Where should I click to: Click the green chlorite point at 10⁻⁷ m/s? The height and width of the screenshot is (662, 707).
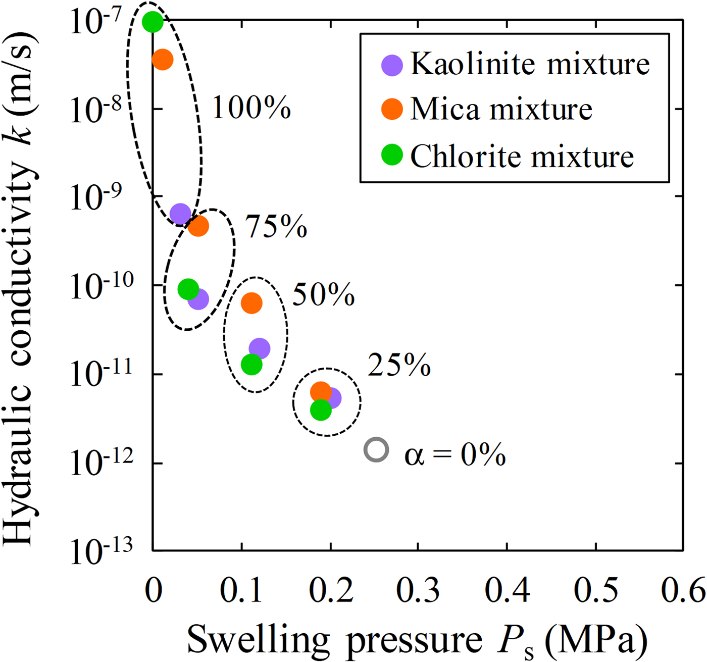pyautogui.click(x=153, y=22)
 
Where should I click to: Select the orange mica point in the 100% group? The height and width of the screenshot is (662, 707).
pyautogui.click(x=163, y=60)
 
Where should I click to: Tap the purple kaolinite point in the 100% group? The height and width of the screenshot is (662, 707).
pyautogui.click(x=180, y=215)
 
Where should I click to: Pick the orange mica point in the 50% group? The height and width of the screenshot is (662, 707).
pyautogui.click(x=251, y=303)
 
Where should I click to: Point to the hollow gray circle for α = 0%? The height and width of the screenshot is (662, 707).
pyautogui.click(x=376, y=449)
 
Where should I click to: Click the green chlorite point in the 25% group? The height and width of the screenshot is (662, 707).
pyautogui.click(x=321, y=410)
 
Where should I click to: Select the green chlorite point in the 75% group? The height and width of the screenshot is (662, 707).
pyautogui.click(x=188, y=289)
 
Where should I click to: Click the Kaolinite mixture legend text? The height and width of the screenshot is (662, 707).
pyautogui.click(x=530, y=65)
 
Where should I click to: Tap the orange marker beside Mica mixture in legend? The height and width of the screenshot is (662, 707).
pyautogui.click(x=392, y=109)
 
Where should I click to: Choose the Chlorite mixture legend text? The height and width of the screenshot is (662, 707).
pyautogui.click(x=522, y=156)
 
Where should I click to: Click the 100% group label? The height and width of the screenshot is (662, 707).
pyautogui.click(x=251, y=108)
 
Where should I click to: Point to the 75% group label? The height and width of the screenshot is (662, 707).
pyautogui.click(x=276, y=226)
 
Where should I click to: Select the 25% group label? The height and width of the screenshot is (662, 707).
pyautogui.click(x=399, y=365)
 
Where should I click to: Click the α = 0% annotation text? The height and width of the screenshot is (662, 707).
pyautogui.click(x=455, y=454)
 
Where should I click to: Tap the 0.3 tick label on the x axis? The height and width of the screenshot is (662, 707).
pyautogui.click(x=418, y=590)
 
